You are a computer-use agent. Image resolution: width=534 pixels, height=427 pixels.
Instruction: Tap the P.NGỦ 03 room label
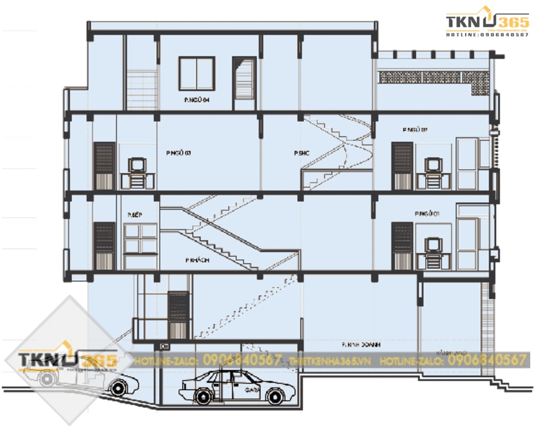pos(178,153)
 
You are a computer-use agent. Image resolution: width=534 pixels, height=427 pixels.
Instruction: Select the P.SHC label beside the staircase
pos(302,153)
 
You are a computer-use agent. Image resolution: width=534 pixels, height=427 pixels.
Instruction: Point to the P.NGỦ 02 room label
pos(415,130)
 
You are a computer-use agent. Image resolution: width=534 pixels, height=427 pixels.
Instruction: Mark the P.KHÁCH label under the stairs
pos(197,260)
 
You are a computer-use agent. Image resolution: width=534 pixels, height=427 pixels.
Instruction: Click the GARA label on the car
pos(253,390)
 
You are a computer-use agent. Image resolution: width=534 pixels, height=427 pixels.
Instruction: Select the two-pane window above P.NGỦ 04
pos(196,74)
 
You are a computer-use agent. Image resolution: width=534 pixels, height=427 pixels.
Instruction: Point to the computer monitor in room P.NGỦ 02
pos(433,164)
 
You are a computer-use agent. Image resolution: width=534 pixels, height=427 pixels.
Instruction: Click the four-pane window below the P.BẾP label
pos(140,238)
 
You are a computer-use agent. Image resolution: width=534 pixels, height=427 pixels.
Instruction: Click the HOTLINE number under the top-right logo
pos(487,35)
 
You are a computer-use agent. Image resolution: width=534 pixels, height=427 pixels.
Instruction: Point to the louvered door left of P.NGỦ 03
pos(104,165)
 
